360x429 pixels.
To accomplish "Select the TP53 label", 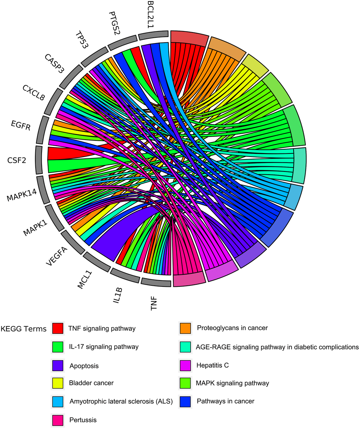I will (82, 40).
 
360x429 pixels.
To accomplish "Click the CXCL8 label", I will (34, 92).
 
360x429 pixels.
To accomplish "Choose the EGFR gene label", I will (20, 125).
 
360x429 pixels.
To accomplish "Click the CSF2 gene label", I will (17, 161).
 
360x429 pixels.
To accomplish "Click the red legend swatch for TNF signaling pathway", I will (58, 328).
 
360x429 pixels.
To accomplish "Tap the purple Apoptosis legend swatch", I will (58, 365).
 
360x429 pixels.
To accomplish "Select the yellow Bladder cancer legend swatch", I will (58, 383).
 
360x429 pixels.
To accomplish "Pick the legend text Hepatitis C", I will (212, 365).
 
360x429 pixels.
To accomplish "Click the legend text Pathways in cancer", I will (226, 401).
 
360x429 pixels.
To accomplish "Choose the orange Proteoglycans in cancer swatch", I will (185, 328).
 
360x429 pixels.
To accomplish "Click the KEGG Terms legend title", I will (24, 329).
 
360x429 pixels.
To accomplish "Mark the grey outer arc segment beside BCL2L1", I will (153, 35).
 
